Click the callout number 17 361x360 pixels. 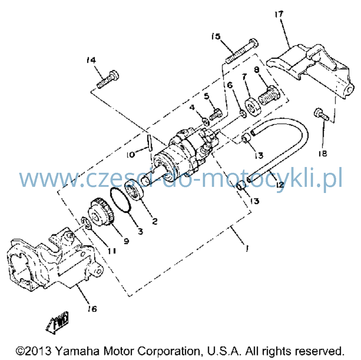(x=279, y=14)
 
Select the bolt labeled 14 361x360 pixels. (x=108, y=80)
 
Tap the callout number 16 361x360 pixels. (x=92, y=308)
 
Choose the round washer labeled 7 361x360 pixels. (x=252, y=107)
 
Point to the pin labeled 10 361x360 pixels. (x=150, y=143)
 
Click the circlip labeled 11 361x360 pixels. (x=86, y=223)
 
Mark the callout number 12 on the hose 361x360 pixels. (x=280, y=184)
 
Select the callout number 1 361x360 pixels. (x=247, y=249)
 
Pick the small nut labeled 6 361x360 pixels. (x=243, y=114)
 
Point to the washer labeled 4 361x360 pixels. (x=206, y=121)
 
